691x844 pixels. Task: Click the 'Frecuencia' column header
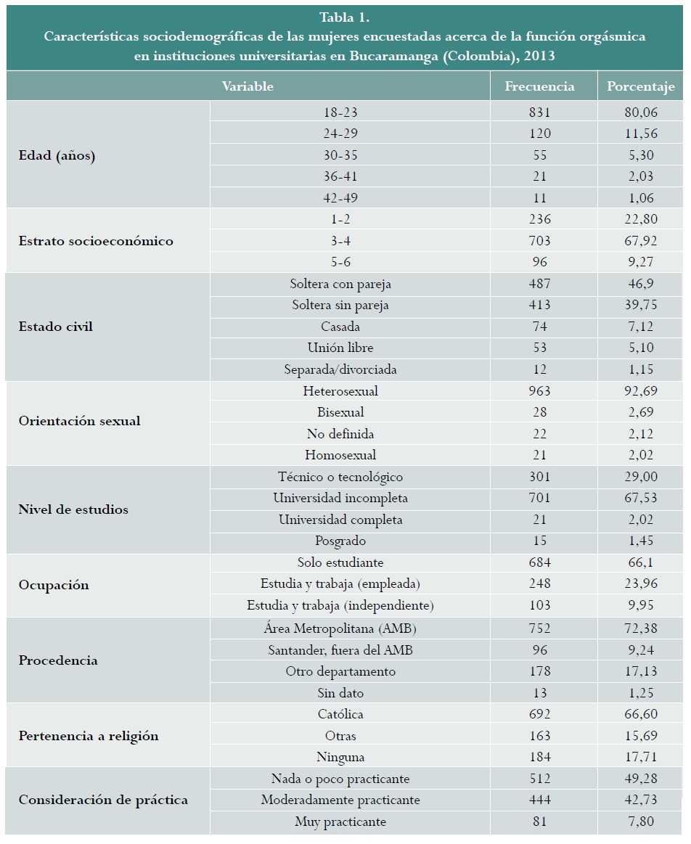[539, 86]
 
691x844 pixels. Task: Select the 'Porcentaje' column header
[641, 86]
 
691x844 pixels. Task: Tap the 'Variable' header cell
[248, 86]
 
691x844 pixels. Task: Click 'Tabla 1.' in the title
[345, 18]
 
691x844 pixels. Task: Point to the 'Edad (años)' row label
[57, 155]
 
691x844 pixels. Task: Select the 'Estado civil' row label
[55, 327]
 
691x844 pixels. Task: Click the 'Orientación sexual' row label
[79, 421]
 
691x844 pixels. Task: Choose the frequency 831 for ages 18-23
[540, 112]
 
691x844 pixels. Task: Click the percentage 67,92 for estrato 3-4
[642, 241]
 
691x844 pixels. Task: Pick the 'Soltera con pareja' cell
[340, 284]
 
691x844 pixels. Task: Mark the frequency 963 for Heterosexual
[540, 391]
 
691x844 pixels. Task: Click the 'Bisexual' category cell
[340, 412]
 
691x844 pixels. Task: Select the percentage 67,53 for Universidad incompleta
[642, 499]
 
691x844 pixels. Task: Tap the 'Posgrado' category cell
[340, 541]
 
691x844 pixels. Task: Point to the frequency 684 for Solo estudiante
[540, 562]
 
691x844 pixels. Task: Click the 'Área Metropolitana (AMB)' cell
[340, 628]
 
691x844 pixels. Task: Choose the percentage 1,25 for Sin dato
[642, 693]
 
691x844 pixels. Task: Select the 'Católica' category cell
[340, 714]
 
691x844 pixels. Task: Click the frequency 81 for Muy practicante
[540, 822]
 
